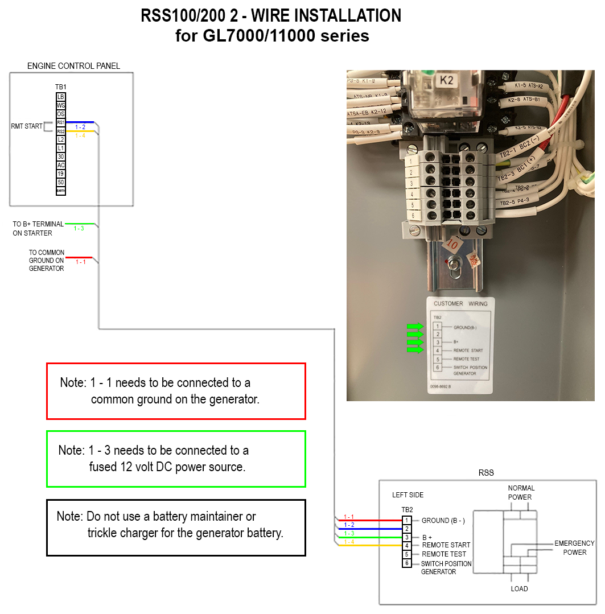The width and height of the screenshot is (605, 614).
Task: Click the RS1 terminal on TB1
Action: [61, 122]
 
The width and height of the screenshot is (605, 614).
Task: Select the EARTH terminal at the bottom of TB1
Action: [61, 191]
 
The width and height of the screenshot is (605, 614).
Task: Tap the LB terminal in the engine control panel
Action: [61, 97]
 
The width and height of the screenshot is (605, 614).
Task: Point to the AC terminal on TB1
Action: [61, 165]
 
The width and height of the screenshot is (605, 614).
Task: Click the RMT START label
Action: [27, 126]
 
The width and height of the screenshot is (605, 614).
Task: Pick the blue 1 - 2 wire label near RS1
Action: [80, 127]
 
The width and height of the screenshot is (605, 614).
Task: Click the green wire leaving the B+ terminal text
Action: [80, 224]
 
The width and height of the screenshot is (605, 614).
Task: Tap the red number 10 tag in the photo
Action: [452, 245]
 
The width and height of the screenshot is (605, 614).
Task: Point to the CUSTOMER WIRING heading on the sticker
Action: [460, 304]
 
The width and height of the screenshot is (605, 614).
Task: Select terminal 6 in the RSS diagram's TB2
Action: [407, 563]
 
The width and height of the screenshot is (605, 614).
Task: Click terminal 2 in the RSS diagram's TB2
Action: [407, 529]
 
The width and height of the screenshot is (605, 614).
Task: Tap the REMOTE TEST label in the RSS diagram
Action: [444, 554]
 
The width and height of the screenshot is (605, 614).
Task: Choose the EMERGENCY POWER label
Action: [574, 548]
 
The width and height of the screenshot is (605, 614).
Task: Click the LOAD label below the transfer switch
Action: [519, 589]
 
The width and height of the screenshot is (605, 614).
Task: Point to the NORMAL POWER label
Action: [520, 493]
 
